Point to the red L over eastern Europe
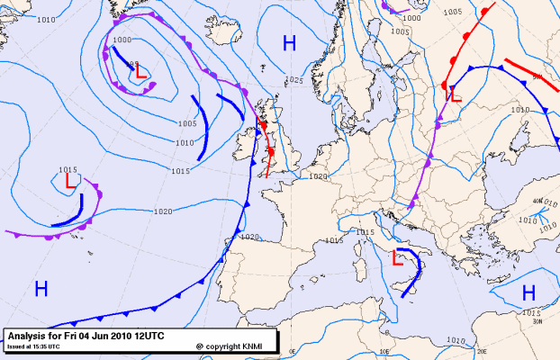[455, 93]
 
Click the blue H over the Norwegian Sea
[289, 42]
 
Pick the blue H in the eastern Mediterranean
[529, 292]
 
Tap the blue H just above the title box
[41, 288]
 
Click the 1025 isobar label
[294, 81]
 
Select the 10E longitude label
[383, 352]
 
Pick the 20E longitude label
[481, 352]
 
